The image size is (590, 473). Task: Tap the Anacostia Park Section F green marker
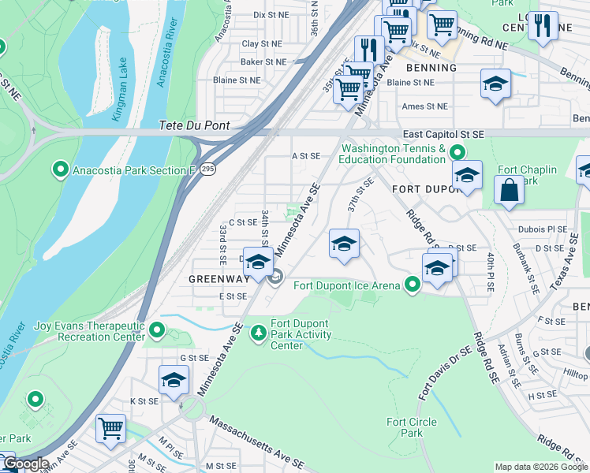pos(60,169)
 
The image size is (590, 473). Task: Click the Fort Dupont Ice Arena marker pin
pos(412,285)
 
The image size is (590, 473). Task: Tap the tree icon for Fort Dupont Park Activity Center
pos(258,334)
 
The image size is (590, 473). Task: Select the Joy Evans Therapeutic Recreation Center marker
pos(157,331)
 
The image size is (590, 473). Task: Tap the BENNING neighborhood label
pos(431,68)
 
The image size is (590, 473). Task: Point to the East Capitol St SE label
pos(442,135)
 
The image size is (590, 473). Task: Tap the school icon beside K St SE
pos(174,380)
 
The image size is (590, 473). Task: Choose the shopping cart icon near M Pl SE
pos(110,428)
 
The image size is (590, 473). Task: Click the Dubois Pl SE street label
pos(542,229)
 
